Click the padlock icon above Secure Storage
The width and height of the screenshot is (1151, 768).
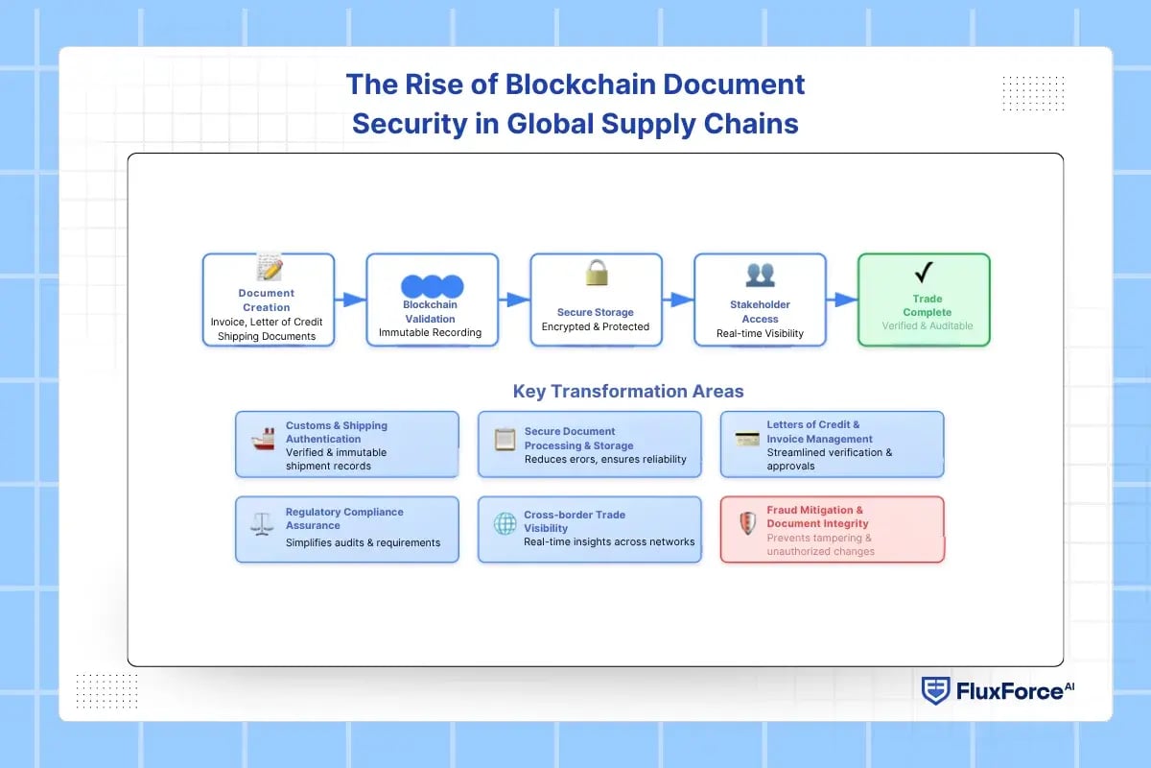[597, 274]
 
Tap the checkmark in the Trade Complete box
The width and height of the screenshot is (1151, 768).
[924, 273]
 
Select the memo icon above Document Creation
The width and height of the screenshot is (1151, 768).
[268, 267]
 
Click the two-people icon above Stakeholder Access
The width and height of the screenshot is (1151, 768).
[760, 275]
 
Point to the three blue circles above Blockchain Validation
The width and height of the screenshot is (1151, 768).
[432, 286]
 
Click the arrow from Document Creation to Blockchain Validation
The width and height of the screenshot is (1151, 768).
[351, 300]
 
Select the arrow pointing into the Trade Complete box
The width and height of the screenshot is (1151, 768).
[842, 300]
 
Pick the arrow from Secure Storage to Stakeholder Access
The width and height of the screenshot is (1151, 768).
[678, 300]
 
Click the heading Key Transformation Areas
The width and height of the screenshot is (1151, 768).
[628, 391]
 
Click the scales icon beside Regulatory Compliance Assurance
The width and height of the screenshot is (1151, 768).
[261, 523]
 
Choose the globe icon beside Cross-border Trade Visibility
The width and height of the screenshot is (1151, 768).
[505, 524]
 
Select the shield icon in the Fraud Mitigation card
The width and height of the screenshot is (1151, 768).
[747, 524]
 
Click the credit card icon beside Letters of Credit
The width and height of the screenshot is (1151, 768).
[747, 440]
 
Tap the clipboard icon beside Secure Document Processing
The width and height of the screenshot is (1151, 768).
[505, 440]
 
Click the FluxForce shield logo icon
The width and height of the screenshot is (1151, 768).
[935, 690]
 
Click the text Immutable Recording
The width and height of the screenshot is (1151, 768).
[430, 333]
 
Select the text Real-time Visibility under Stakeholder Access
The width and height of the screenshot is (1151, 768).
[760, 334]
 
